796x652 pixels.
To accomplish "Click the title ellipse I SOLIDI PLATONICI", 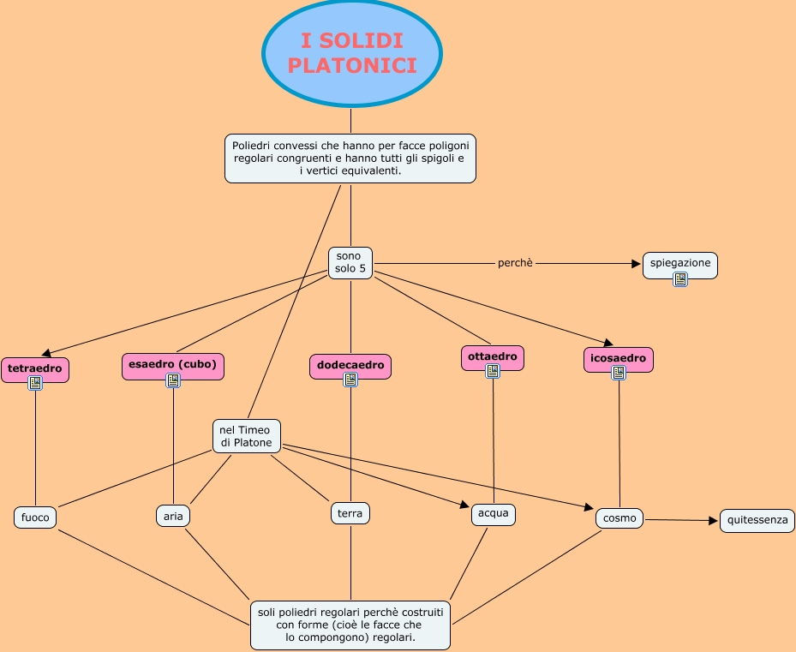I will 351,52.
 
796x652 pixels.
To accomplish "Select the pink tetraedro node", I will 35,368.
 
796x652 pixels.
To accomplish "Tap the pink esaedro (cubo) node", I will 173,364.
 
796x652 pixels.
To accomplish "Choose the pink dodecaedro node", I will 350,365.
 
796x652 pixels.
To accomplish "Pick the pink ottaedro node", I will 492,355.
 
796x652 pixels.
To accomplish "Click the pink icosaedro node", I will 619,356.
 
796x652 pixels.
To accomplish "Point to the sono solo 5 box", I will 350,262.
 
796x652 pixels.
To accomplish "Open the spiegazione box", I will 679,264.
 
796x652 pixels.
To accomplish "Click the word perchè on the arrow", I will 515,263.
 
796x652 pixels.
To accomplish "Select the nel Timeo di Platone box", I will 246,435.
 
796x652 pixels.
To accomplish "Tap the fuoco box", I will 35,517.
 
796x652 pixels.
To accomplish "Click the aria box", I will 173,516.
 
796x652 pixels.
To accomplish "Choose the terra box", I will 350,513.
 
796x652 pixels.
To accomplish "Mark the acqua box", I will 493,514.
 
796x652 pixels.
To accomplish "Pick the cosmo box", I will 619,517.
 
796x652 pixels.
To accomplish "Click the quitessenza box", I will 757,520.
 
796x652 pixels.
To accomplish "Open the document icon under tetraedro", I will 35,383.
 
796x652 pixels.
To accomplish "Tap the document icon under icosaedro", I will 619,372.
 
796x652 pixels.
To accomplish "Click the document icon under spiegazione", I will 680,278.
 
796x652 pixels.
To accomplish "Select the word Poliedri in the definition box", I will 253,147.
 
